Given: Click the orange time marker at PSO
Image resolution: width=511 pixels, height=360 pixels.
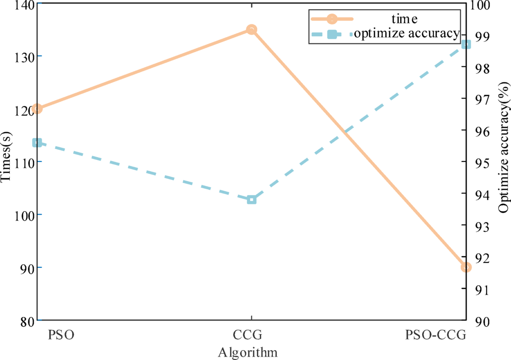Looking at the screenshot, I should (37, 109).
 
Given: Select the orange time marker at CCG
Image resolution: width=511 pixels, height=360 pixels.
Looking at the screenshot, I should (251, 30).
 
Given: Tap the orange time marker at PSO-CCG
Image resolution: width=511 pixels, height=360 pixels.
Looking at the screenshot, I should (466, 267).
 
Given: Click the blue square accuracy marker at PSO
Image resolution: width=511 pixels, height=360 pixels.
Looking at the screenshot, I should (37, 143).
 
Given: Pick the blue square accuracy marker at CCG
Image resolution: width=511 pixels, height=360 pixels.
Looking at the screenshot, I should (251, 200).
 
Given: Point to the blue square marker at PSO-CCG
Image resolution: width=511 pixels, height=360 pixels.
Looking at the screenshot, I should (466, 44).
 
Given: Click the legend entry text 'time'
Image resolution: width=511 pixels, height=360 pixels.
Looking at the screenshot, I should (405, 19).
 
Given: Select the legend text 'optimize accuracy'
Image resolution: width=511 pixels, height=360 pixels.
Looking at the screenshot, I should (406, 33).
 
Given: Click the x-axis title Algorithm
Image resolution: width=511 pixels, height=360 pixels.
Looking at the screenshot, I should (248, 352).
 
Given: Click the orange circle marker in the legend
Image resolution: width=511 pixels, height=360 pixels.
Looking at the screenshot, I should (331, 19).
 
